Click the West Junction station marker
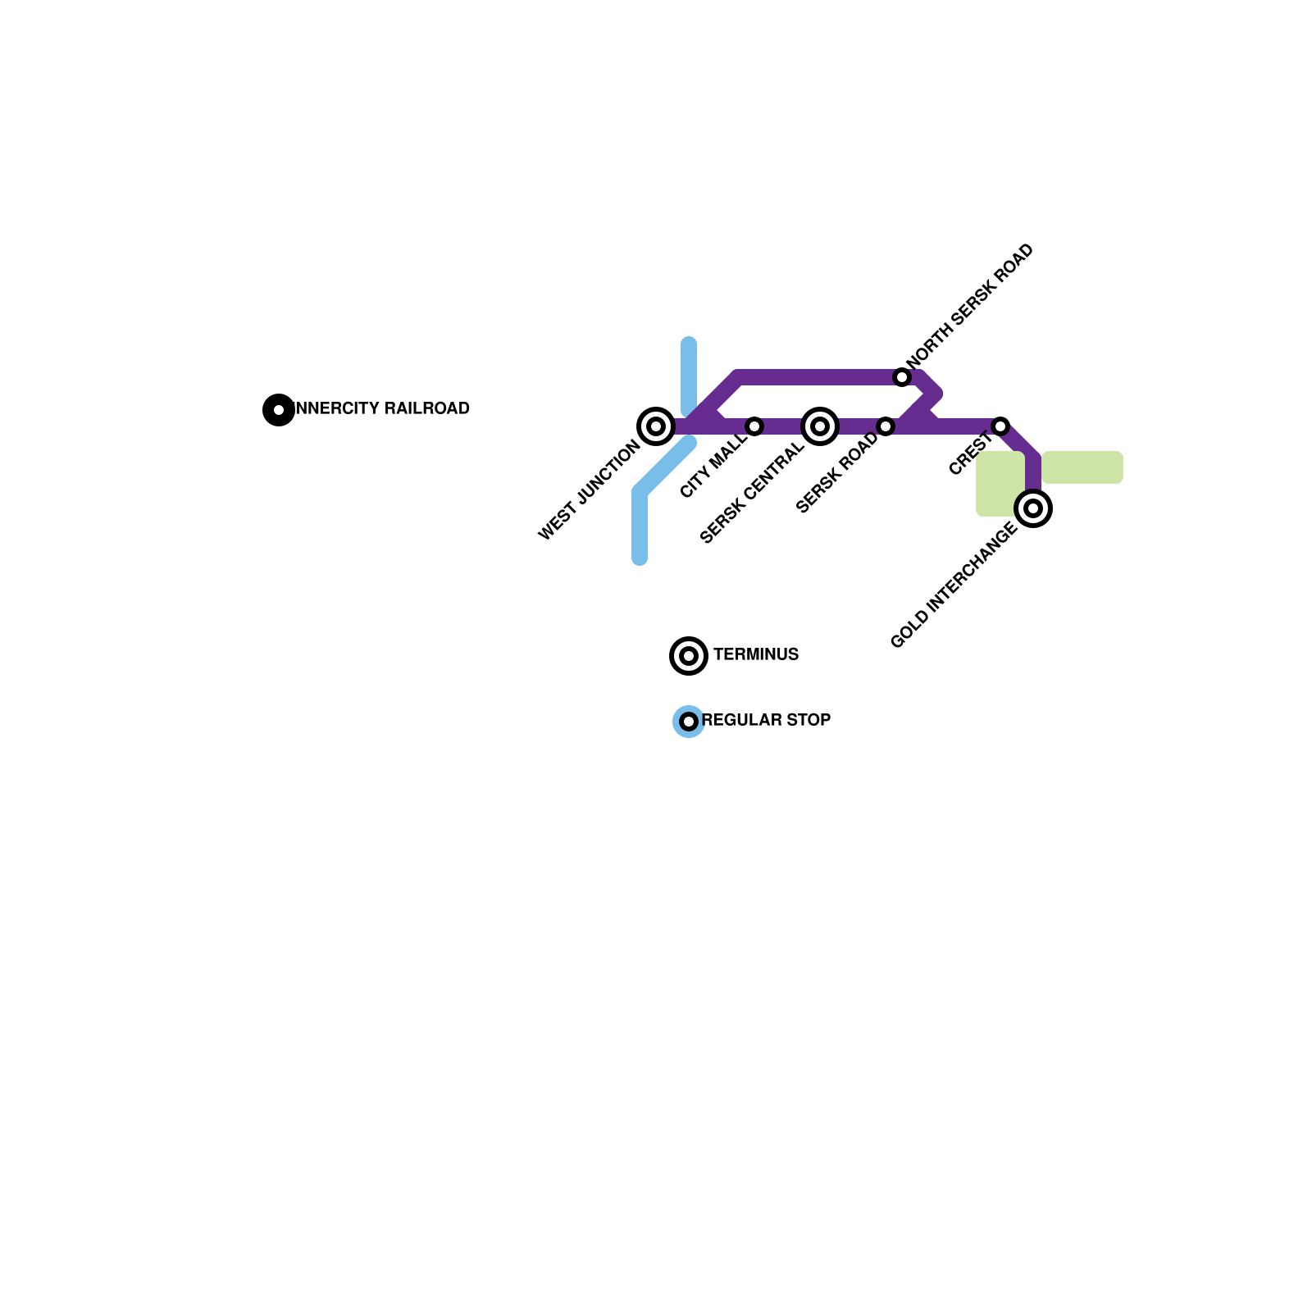tap(656, 426)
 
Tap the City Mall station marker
tap(754, 426)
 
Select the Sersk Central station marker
tap(820, 426)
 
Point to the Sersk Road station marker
tap(886, 426)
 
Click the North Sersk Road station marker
tap(902, 377)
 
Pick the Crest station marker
tap(1000, 426)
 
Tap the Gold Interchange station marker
tap(1033, 508)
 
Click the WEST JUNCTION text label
tap(589, 491)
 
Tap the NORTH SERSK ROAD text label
tap(970, 306)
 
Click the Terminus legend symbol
tap(689, 656)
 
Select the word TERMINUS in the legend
tap(756, 654)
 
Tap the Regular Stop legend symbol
tap(689, 722)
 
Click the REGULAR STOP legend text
tap(767, 720)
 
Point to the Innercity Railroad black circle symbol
tap(279, 410)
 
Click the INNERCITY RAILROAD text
tap(382, 408)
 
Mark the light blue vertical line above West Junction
tap(689, 376)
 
